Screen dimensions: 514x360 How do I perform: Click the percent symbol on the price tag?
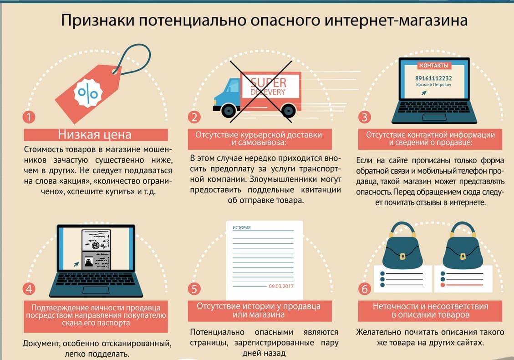tap(88, 93)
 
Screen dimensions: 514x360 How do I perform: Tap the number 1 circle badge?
tap(29, 117)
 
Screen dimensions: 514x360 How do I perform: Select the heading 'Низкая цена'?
tap(95, 134)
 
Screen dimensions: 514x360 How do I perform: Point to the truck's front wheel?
tap(229, 110)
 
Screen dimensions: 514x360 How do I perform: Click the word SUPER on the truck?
tap(269, 82)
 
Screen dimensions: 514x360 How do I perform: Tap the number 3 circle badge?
tap(364, 117)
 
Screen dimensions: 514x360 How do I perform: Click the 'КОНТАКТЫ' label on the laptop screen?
tap(434, 66)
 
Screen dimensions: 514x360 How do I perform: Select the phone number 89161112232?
tap(433, 78)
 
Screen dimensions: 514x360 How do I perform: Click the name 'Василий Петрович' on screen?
tap(433, 85)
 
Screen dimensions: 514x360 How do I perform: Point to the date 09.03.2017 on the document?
tap(281, 286)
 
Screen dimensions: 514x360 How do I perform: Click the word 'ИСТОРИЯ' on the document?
tap(242, 228)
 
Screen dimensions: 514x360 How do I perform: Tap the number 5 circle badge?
tap(194, 289)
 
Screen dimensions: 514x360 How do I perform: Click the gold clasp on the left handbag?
tap(402, 256)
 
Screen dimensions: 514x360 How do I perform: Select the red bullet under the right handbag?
tap(443, 285)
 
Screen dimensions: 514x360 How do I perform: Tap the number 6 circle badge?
tap(364, 289)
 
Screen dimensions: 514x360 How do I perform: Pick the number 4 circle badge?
tap(29, 289)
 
